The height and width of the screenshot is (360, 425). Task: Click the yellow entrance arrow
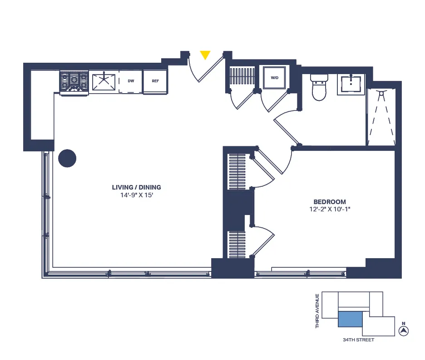click(x=205, y=55)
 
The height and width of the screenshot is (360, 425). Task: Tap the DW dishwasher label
click(x=131, y=81)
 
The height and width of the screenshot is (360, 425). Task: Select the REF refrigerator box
click(x=155, y=81)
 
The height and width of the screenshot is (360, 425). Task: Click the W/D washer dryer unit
click(x=275, y=78)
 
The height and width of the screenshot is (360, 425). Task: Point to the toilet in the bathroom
click(x=319, y=88)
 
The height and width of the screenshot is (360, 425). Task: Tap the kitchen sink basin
click(x=104, y=82)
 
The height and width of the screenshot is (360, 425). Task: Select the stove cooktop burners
click(x=74, y=82)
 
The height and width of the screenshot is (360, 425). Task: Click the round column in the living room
click(x=67, y=158)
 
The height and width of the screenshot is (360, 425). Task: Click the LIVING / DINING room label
click(x=136, y=187)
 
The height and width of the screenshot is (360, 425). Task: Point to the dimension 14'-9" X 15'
click(x=136, y=195)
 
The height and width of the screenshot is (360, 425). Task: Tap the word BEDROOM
click(x=330, y=202)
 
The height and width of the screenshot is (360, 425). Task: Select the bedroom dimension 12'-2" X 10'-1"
click(x=330, y=210)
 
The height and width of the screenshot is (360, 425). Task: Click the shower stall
click(x=381, y=117)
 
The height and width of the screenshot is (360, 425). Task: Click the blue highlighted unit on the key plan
click(x=350, y=319)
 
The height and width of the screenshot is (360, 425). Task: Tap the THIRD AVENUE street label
click(x=317, y=311)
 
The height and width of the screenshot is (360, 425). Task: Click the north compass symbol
click(x=403, y=331)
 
